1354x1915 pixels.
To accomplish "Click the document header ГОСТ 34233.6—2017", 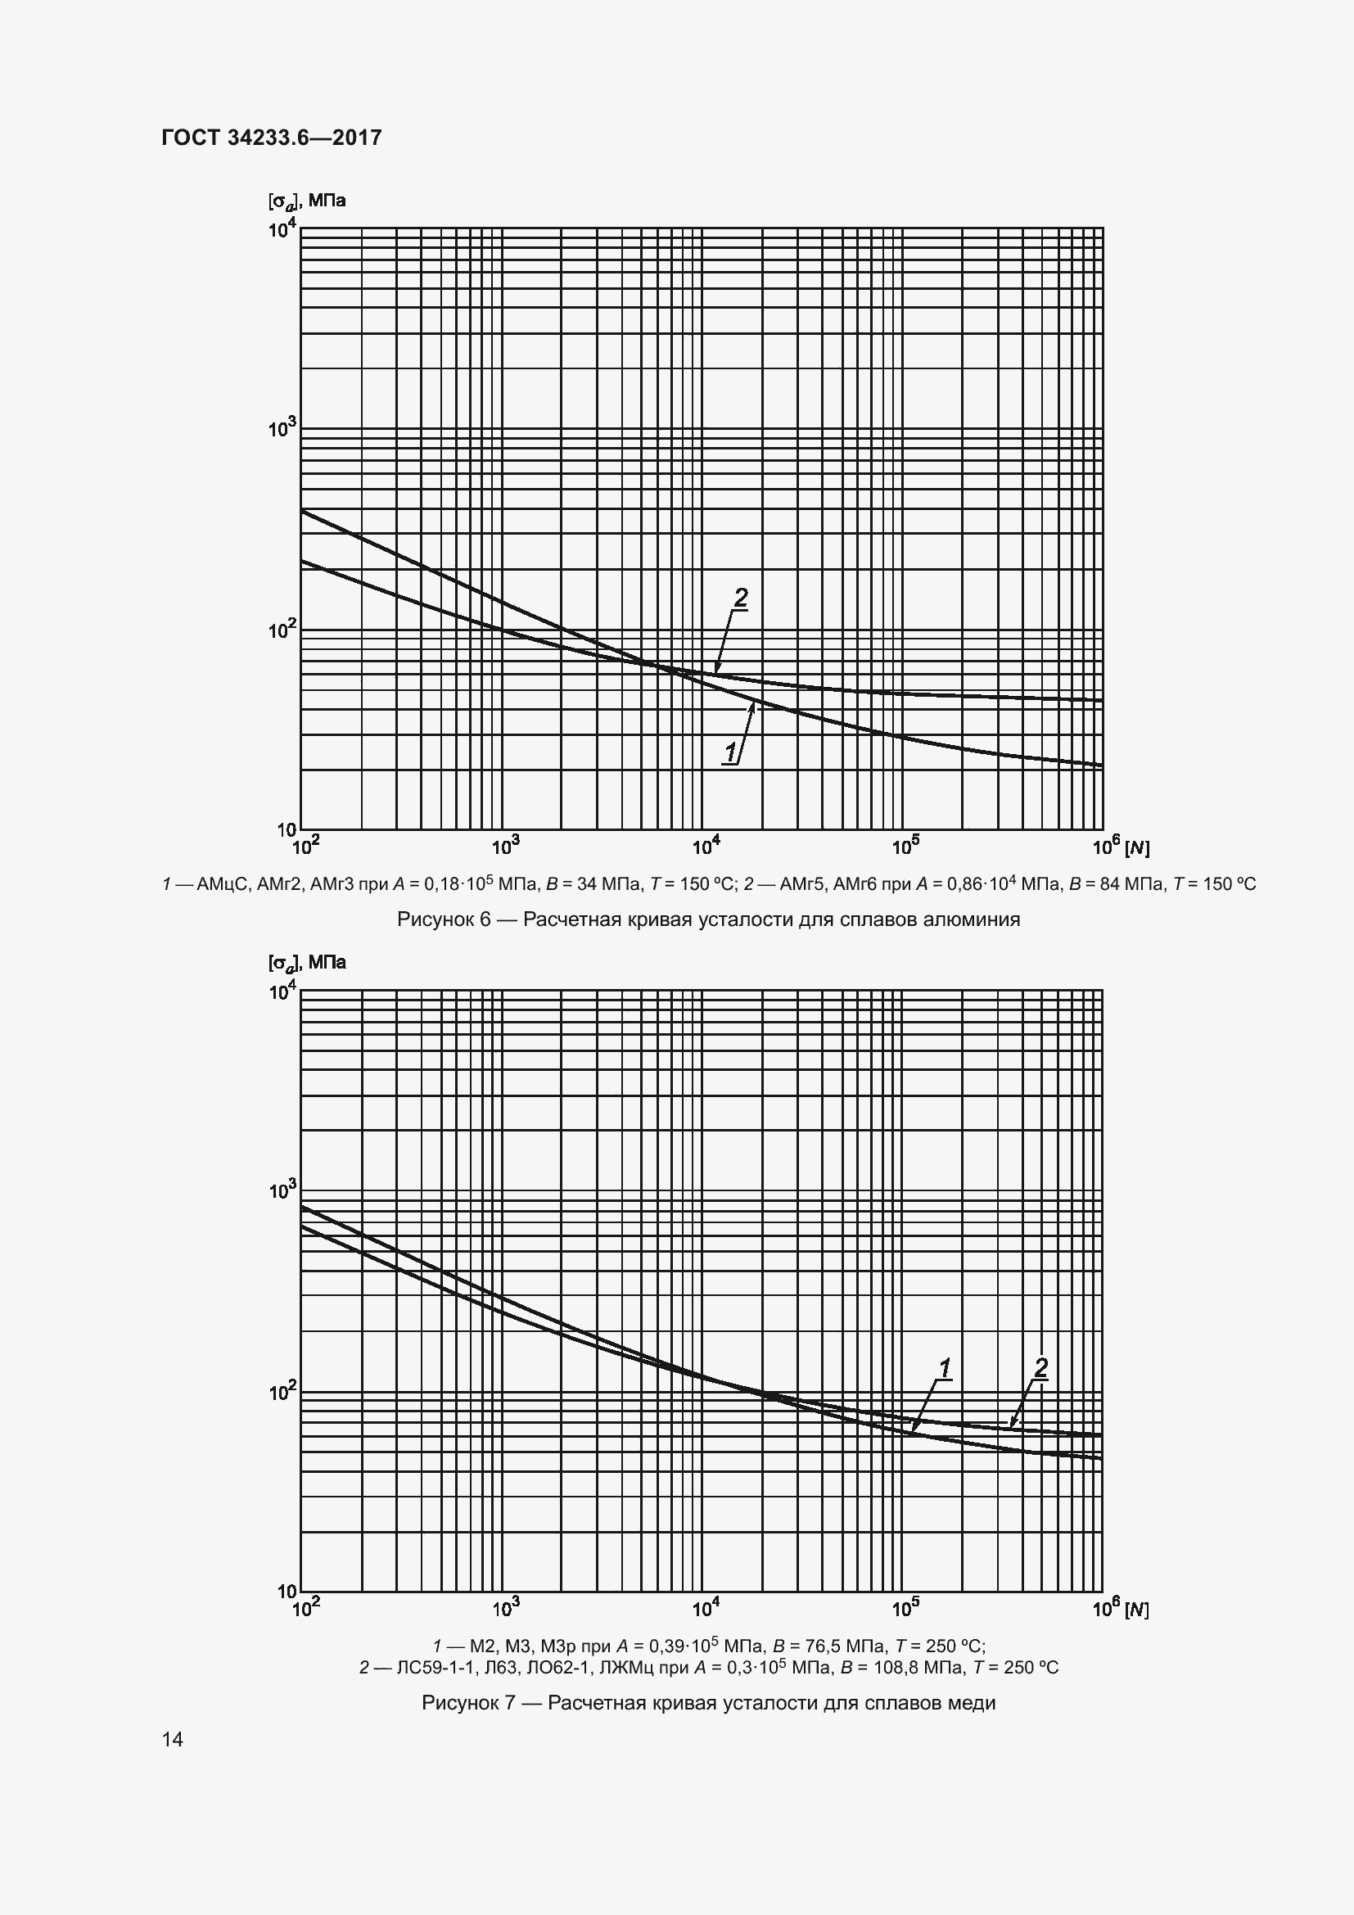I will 272,138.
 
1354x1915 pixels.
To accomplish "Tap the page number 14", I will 173,1739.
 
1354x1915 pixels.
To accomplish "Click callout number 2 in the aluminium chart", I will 739,597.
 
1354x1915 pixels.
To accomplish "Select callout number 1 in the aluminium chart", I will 730,752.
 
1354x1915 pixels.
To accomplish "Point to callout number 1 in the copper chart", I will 945,1368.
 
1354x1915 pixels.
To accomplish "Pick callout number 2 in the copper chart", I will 1040,1367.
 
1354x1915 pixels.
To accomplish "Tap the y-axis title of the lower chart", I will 307,963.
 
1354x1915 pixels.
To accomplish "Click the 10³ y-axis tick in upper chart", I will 282,429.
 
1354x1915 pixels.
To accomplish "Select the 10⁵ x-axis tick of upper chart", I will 905,847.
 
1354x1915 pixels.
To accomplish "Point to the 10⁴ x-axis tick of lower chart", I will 706,1606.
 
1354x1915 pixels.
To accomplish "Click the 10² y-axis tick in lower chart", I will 282,1391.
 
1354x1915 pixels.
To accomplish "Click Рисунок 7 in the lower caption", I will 469,1702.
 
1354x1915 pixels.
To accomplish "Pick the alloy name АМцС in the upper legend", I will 223,884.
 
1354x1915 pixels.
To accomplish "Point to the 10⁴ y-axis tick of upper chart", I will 282,228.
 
